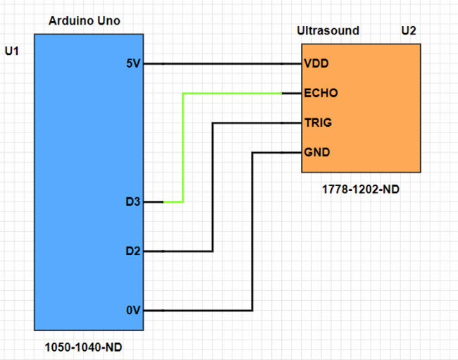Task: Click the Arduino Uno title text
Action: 84,21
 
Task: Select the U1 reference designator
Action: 11,51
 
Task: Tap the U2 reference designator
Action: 409,31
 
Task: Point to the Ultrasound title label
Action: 328,31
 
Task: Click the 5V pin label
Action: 132,63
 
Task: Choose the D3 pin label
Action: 132,202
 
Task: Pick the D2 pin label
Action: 132,251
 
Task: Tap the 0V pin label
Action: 132,310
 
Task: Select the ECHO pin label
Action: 321,93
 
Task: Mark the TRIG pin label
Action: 318,123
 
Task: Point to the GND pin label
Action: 316,152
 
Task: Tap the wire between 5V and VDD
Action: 222,63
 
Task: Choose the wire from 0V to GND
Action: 252,232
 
